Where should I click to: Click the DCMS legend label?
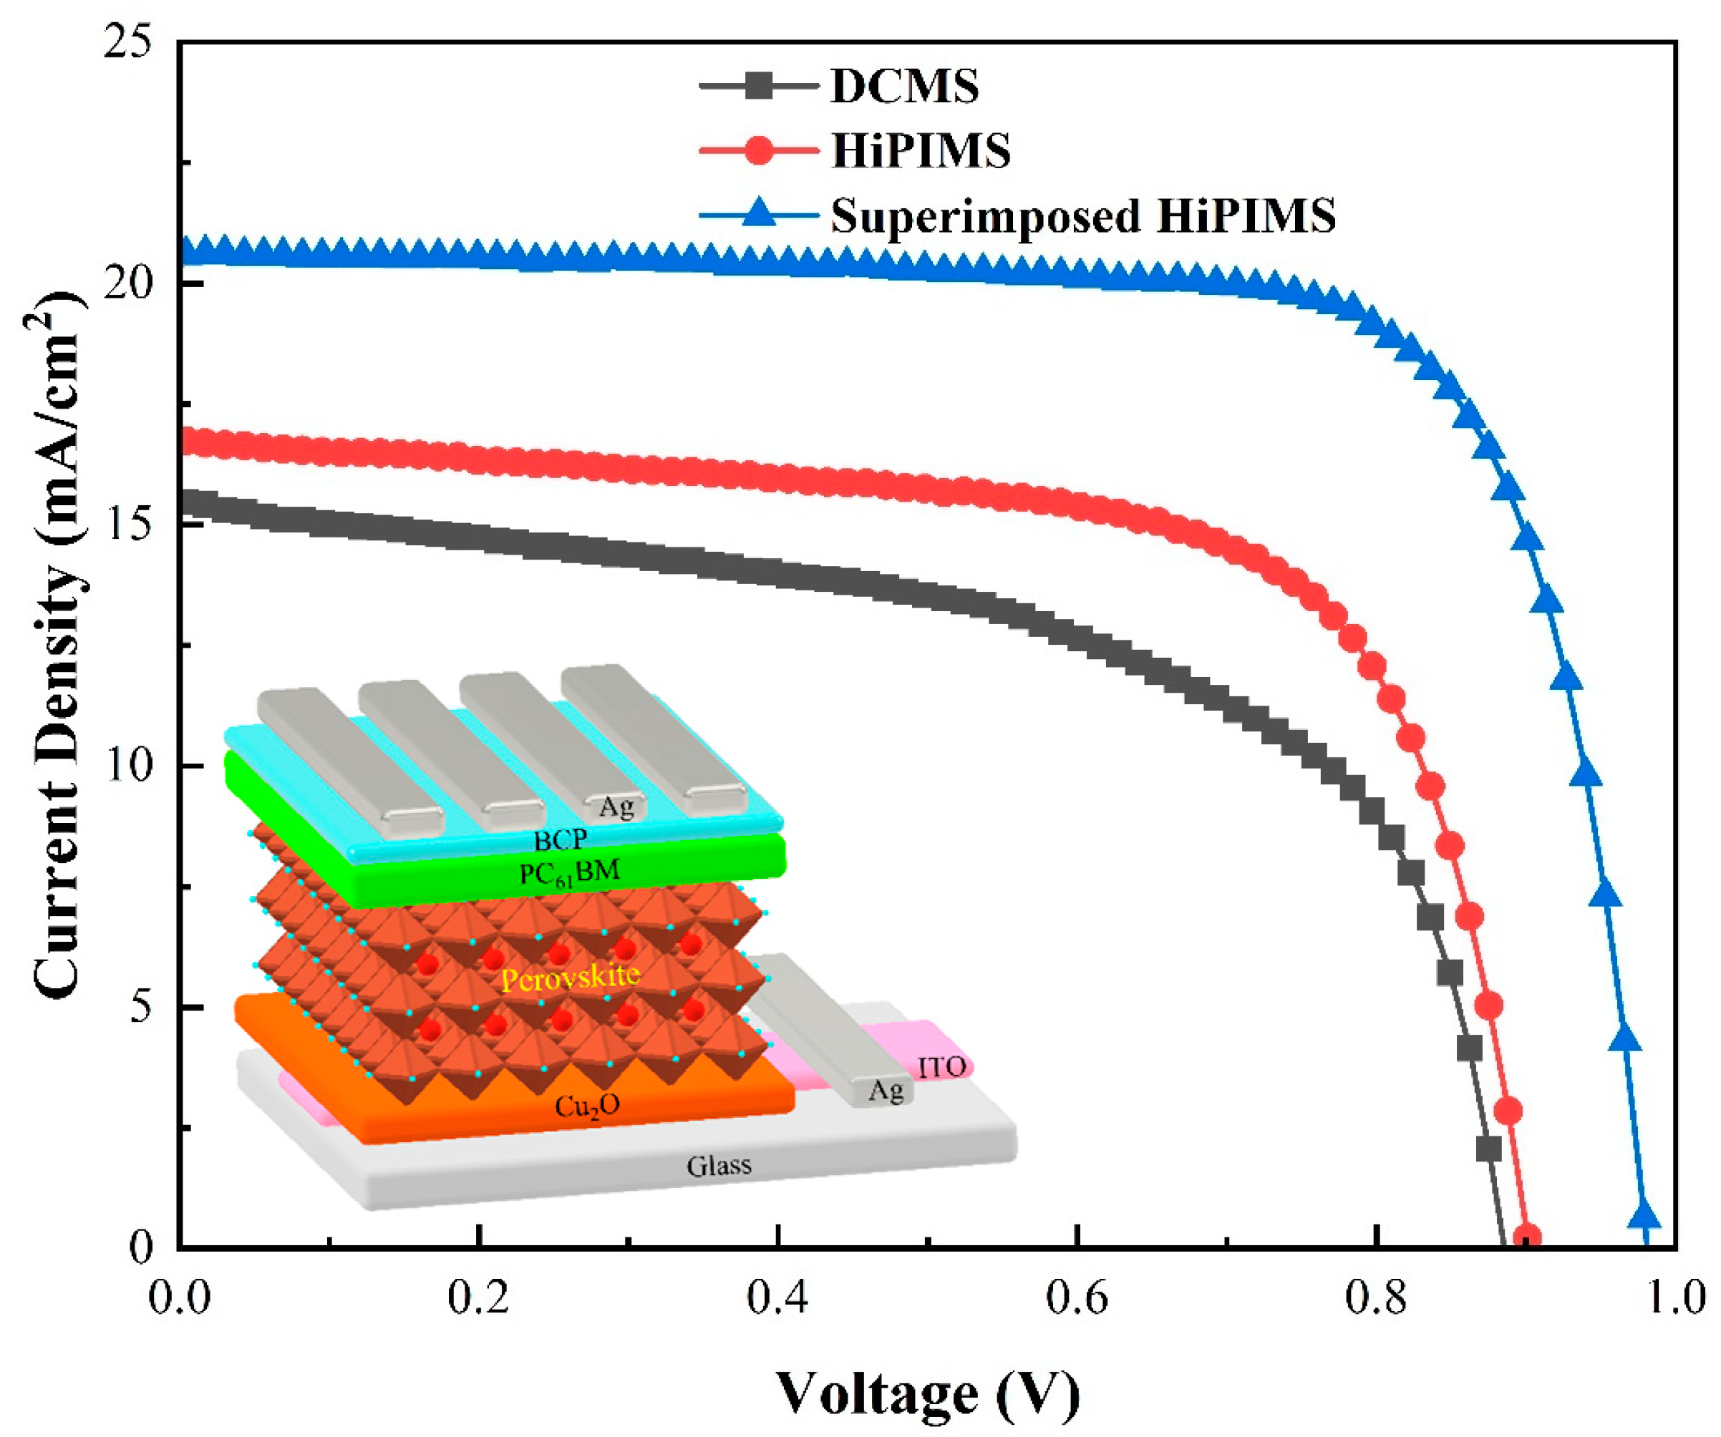click(x=903, y=86)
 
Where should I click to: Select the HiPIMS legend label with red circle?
click(x=919, y=151)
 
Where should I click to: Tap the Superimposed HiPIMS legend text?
click(x=1082, y=215)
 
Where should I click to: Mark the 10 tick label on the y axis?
click(x=130, y=766)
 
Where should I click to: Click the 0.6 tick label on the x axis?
click(x=1077, y=1297)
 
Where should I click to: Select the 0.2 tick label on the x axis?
click(x=479, y=1297)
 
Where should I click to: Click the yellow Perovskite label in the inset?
click(x=570, y=977)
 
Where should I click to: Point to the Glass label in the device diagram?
click(x=719, y=1165)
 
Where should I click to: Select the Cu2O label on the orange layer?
click(x=587, y=1106)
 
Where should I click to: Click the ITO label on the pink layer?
click(x=941, y=1068)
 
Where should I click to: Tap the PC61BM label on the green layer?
click(x=568, y=872)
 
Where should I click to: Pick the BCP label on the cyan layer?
click(x=561, y=839)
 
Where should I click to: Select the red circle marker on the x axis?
click(x=1526, y=1238)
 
